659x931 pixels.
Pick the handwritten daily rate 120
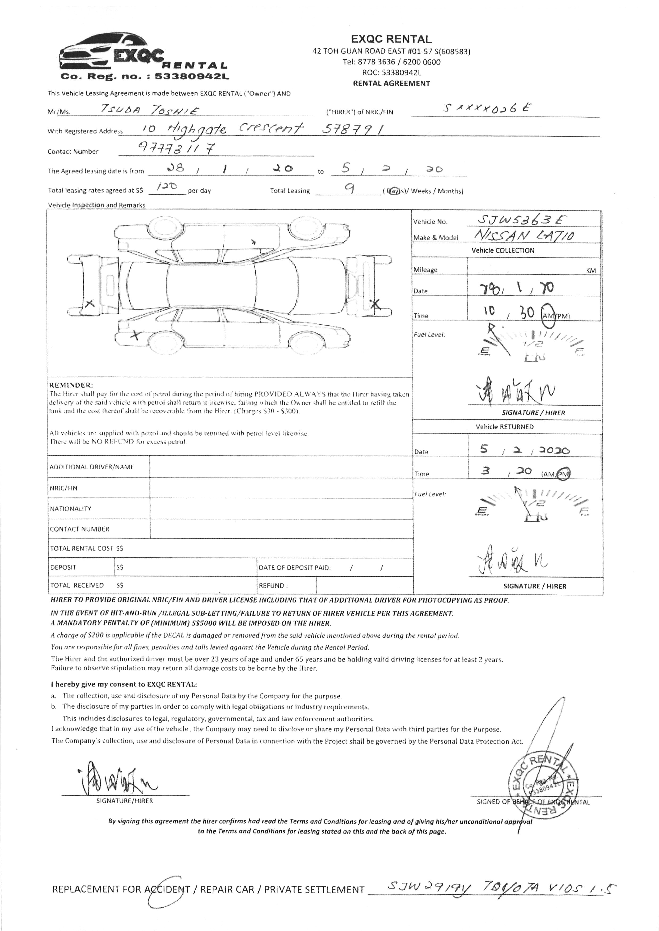click(x=167, y=187)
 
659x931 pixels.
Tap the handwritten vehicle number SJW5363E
click(x=521, y=220)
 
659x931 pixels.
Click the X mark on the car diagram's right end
click(x=376, y=304)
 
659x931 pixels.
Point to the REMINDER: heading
click(x=71, y=385)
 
